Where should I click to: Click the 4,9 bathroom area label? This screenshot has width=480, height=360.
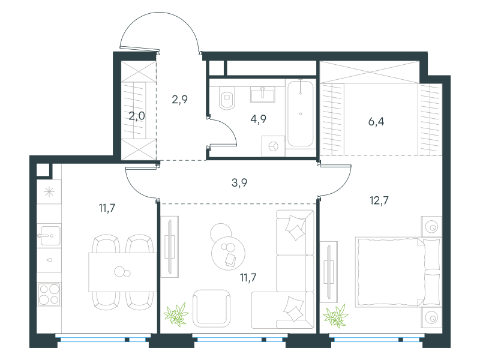259,119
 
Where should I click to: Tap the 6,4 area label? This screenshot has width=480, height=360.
376,122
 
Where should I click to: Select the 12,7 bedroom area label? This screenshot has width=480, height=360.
379,200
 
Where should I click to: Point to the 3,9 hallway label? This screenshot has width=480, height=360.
239,183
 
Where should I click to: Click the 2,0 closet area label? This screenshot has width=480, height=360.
137,116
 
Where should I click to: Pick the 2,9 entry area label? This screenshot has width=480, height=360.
179,100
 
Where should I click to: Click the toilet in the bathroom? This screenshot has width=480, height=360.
227,98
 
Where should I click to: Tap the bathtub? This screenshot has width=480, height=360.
301,113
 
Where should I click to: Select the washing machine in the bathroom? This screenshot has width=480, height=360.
274,146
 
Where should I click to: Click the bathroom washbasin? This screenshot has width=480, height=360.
263,94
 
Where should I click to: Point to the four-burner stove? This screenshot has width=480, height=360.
49,294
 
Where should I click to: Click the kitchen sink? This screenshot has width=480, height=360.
49,235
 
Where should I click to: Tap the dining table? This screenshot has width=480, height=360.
123,272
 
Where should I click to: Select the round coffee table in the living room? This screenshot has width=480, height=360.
228,253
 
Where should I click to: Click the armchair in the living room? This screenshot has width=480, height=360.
212,308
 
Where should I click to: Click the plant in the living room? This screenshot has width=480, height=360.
176,314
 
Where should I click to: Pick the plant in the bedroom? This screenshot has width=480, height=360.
336,316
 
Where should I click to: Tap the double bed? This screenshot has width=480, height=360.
398,272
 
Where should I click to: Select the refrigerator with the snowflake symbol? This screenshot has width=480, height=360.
49,192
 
